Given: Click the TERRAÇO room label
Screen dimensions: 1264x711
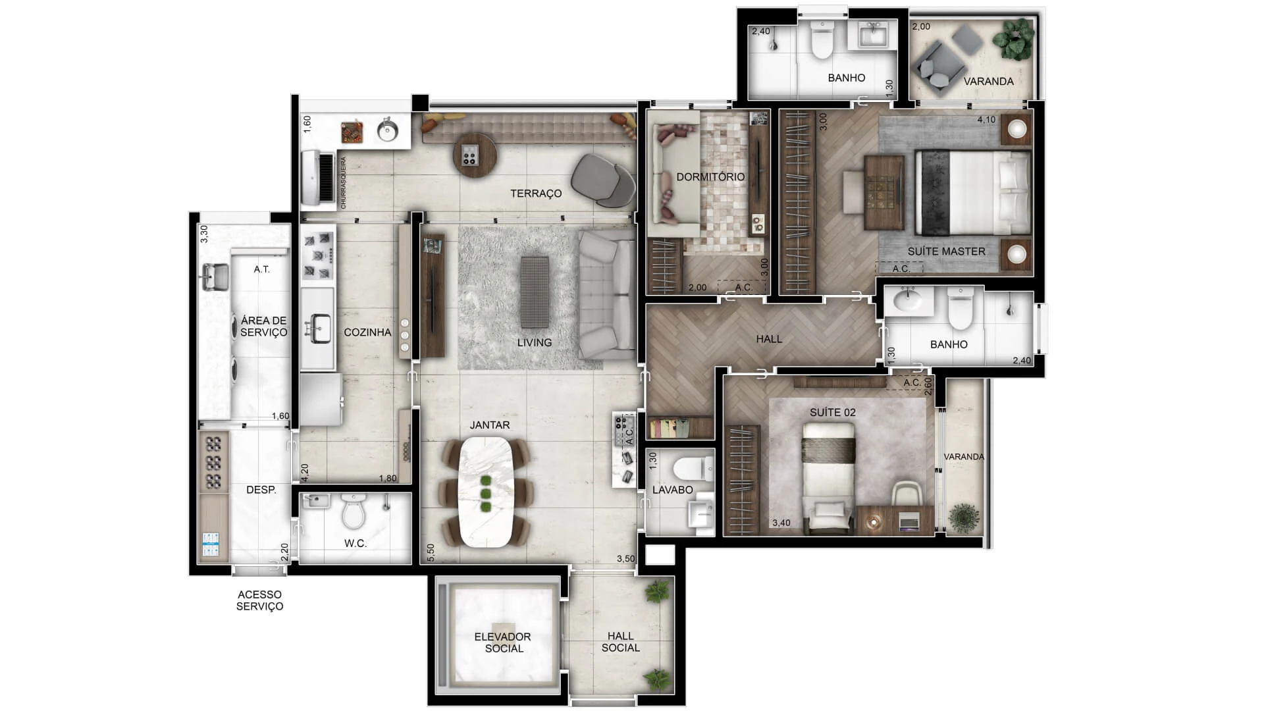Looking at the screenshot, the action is [536, 194].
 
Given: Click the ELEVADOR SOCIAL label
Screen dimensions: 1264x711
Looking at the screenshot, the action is [503, 643].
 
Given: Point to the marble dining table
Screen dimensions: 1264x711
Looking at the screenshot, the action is [486, 491].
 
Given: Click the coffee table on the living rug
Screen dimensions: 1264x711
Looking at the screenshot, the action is [535, 292].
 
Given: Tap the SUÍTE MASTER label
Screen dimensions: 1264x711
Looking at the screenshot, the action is [946, 251].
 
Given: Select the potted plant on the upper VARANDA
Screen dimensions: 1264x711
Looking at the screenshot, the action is [1013, 38].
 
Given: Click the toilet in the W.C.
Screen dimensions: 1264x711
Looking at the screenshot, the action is [354, 512].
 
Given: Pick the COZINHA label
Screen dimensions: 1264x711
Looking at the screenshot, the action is [367, 332].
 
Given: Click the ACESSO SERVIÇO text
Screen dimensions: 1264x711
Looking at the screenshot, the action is [260, 600].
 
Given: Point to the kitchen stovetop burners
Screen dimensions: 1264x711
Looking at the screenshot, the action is [318, 255].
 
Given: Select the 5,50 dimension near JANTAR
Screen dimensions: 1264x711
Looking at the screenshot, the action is [431, 552].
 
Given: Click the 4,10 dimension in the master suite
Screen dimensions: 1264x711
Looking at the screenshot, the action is [986, 120].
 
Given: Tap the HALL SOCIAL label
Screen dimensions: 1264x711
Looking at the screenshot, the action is [620, 642].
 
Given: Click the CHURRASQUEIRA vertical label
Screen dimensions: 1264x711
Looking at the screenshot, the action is [344, 183].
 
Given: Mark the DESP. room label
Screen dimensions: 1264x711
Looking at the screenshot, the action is [261, 490].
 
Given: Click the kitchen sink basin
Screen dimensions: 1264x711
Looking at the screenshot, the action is [321, 329].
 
